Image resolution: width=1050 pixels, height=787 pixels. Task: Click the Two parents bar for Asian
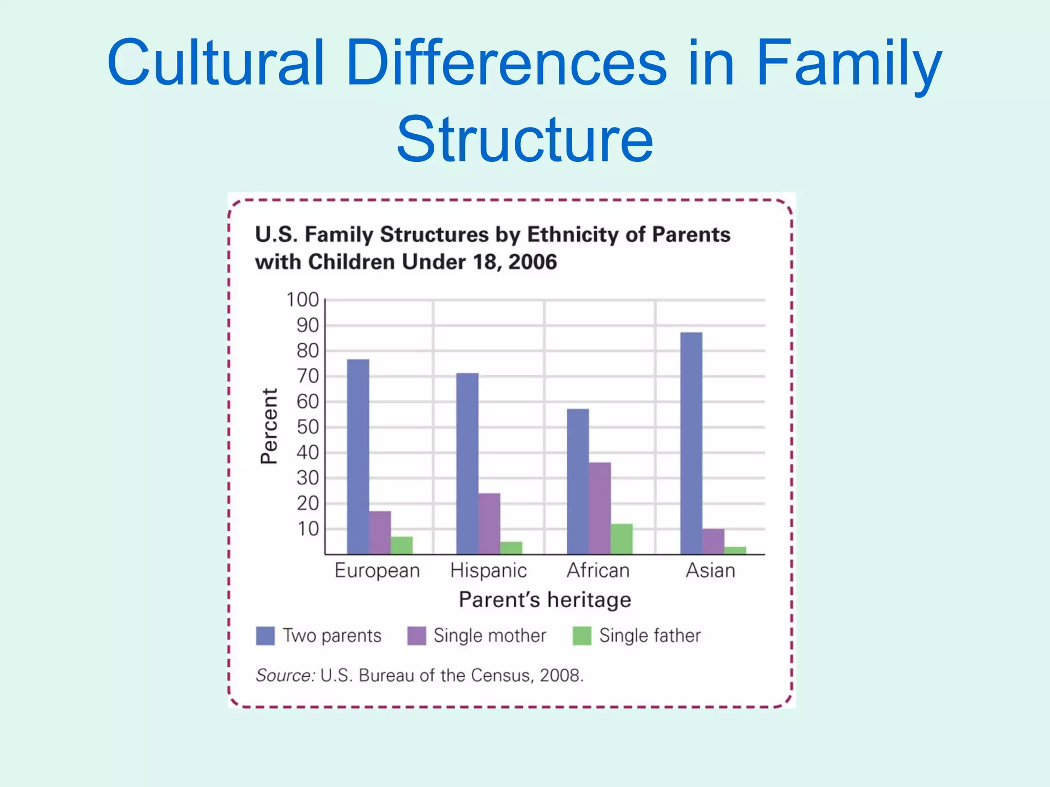(691, 443)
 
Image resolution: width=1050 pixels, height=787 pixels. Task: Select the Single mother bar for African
(599, 508)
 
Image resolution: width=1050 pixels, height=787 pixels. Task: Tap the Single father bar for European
(401, 545)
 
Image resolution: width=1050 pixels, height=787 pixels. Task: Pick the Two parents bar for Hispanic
(467, 463)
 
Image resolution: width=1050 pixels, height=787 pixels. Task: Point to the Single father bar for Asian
(735, 550)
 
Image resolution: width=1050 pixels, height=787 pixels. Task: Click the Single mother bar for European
(380, 532)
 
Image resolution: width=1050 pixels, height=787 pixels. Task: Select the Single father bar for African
(621, 539)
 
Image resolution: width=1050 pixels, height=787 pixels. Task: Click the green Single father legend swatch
(582, 636)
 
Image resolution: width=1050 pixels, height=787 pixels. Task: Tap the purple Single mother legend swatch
(416, 636)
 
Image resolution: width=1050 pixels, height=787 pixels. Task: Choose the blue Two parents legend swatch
(266, 636)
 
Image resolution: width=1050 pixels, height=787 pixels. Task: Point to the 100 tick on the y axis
(302, 300)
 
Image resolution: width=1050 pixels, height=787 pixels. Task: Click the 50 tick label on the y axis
(308, 427)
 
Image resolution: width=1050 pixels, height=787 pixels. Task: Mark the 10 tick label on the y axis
(308, 529)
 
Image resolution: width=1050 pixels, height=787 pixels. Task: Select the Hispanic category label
(488, 570)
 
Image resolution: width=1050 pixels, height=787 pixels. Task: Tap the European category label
(377, 571)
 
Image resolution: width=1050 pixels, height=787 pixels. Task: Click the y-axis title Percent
(269, 426)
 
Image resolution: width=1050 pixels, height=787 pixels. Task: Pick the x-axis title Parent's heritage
(544, 599)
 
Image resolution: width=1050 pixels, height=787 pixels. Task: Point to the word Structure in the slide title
(524, 139)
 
